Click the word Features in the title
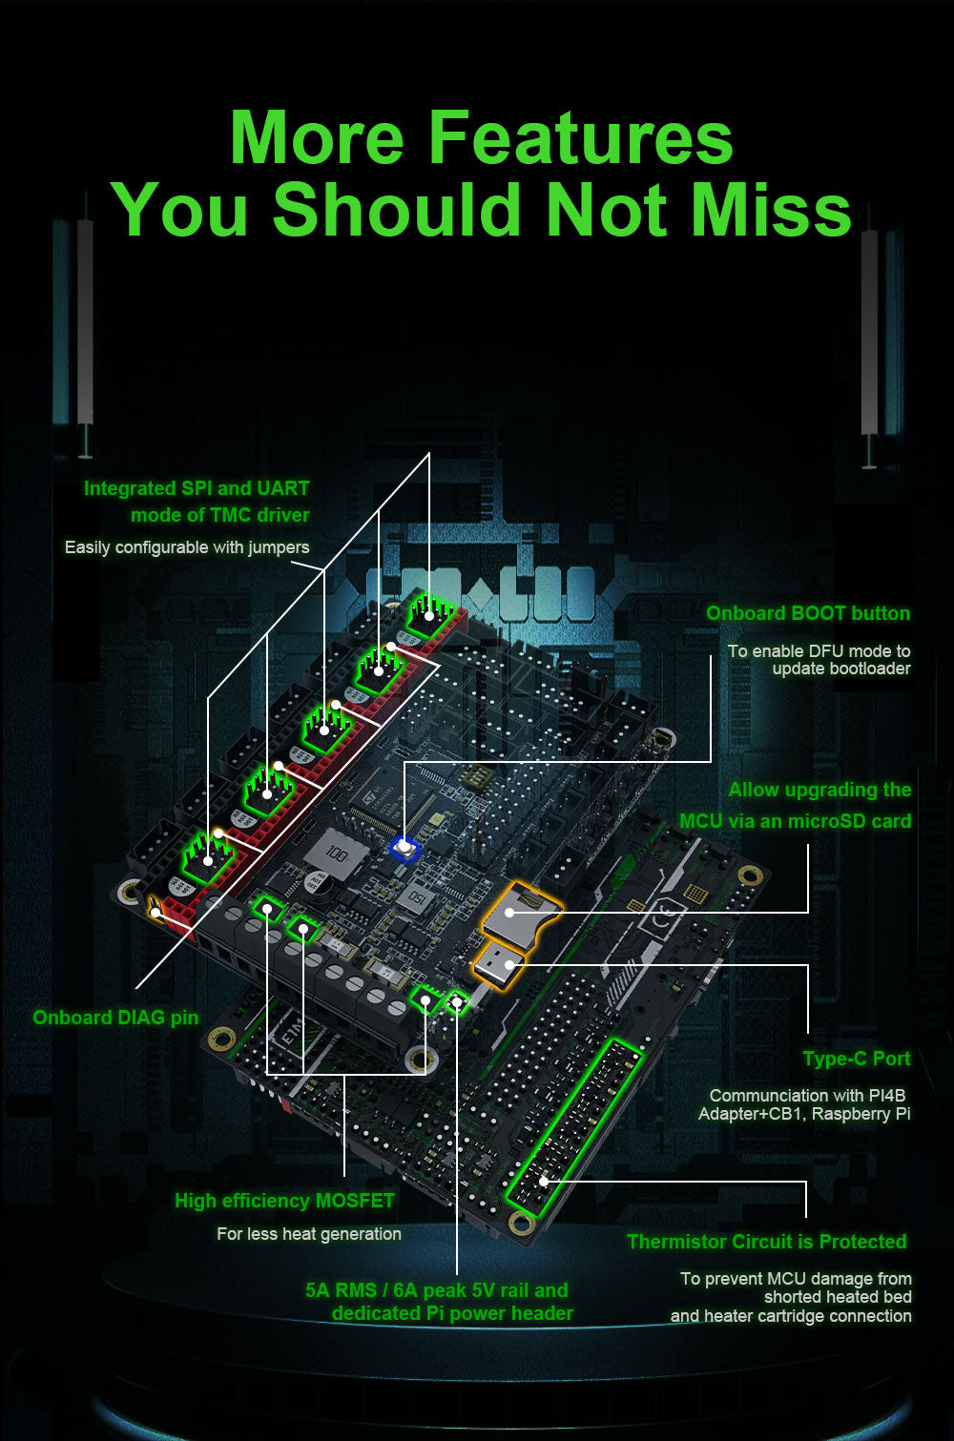coord(580,136)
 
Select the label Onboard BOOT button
coord(808,613)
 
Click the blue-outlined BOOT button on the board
coord(404,848)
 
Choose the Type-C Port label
coord(856,1059)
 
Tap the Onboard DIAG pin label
coord(115,1017)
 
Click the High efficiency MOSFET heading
coord(284,1201)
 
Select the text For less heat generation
coord(309,1233)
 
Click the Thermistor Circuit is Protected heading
coord(767,1241)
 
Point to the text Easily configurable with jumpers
coord(187,547)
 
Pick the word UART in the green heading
coord(282,488)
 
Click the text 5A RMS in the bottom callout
coord(341,1289)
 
